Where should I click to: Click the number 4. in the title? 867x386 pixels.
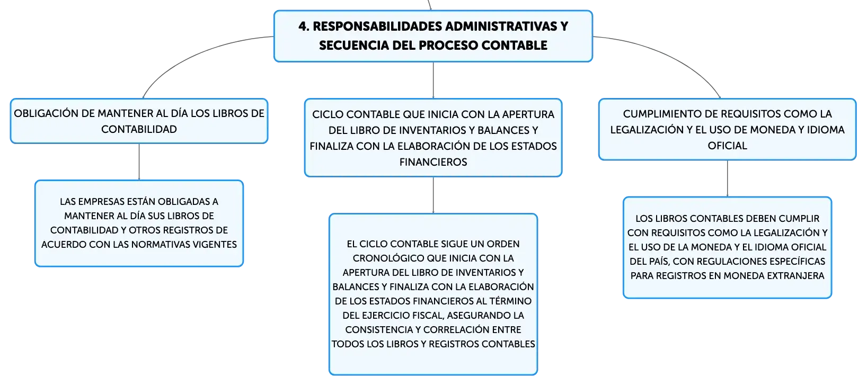coord(304,26)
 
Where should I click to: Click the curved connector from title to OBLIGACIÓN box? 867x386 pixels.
coord(193,55)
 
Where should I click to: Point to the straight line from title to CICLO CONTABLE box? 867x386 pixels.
coord(433,80)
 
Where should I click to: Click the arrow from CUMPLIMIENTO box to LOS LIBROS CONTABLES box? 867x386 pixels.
coord(727,178)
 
